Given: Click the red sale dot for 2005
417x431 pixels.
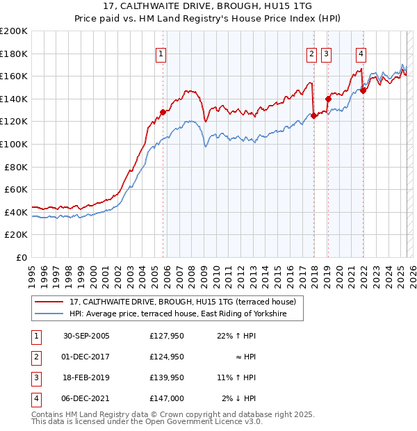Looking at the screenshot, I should pyautogui.click(x=163, y=112).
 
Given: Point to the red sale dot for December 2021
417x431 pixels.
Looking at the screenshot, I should pyautogui.click(x=363, y=90).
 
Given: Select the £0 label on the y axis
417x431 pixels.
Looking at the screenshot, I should pyautogui.click(x=22, y=257).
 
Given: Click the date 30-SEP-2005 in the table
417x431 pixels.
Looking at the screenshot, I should pyautogui.click(x=86, y=336).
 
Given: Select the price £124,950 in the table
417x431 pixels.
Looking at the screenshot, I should pyautogui.click(x=166, y=357).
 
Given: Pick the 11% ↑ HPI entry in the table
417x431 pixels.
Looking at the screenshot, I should pyautogui.click(x=236, y=377).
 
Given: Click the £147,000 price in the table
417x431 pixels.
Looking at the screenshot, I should pyautogui.click(x=166, y=398).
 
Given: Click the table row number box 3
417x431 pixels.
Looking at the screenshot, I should pyautogui.click(x=35, y=377).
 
